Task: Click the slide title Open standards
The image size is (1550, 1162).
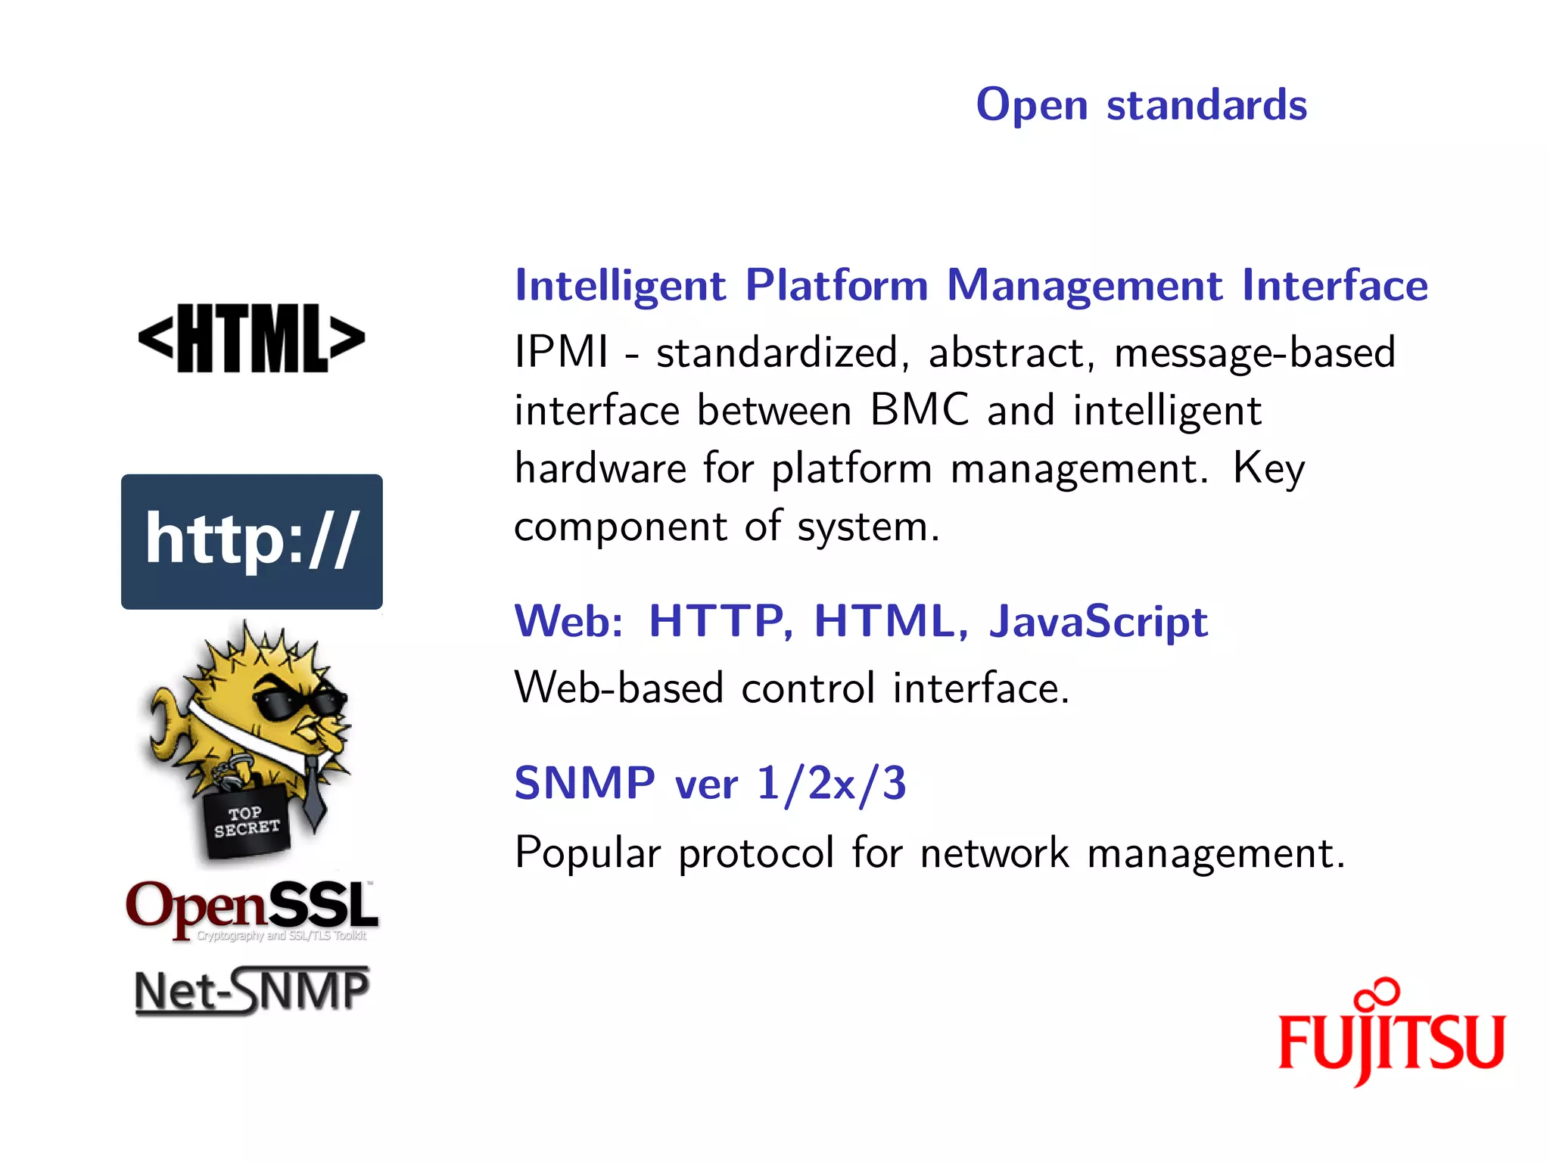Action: tap(1141, 104)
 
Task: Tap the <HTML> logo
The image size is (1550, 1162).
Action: tap(252, 338)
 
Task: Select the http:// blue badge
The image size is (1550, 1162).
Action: tap(252, 542)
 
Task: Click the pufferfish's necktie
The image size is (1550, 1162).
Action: tap(314, 794)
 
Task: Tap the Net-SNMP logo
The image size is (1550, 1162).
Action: tap(252, 991)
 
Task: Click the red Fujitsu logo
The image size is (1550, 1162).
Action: tap(1391, 1040)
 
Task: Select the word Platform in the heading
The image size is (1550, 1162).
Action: tap(836, 285)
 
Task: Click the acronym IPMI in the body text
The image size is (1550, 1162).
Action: tap(561, 353)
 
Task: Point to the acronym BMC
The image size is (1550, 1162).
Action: tap(920, 410)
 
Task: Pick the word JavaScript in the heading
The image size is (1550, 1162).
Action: tap(1098, 621)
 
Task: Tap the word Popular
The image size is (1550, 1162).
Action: tap(587, 853)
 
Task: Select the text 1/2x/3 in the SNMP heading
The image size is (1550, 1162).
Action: tap(831, 783)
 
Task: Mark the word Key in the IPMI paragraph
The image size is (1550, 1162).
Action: tap(1268, 469)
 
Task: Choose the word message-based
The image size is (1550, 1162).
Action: tap(1255, 353)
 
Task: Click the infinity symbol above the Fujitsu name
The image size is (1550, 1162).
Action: tap(1377, 993)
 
